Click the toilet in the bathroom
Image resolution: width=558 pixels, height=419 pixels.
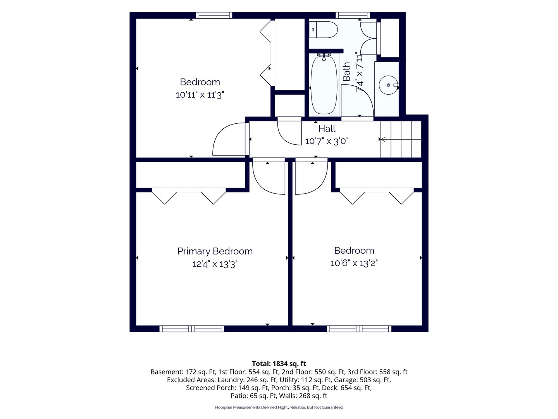[x=323, y=30]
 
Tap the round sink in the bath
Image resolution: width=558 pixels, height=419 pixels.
[x=388, y=85]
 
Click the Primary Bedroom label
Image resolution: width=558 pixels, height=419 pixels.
[x=215, y=251]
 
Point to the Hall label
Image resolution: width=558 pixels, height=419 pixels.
[x=327, y=128]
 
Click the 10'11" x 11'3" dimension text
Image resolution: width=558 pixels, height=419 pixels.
[x=200, y=95]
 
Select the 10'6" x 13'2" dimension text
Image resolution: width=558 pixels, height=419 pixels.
[x=354, y=263]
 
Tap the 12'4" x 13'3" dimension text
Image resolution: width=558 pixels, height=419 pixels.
[x=215, y=264]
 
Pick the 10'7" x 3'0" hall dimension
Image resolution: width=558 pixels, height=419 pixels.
[x=326, y=141]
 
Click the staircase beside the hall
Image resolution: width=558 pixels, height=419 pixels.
[x=401, y=139]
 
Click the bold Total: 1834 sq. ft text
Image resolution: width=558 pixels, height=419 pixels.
[x=279, y=364]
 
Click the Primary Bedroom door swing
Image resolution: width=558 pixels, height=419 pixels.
[x=269, y=178]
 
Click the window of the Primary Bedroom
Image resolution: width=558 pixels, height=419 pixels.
[x=192, y=329]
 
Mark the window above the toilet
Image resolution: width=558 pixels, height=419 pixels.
[x=353, y=15]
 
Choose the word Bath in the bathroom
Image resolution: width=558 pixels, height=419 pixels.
[x=346, y=72]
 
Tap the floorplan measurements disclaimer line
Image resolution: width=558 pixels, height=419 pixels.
[x=279, y=407]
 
